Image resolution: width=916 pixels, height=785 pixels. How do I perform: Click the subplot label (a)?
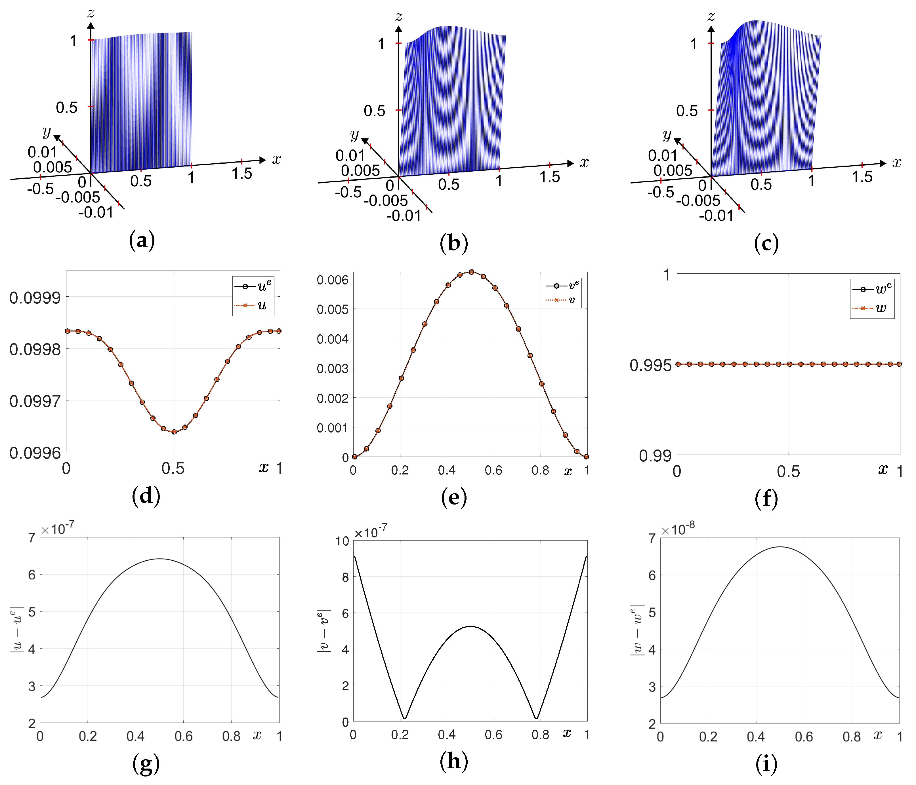pyautogui.click(x=142, y=241)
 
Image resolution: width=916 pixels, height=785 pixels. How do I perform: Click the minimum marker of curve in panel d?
pyautogui.click(x=174, y=432)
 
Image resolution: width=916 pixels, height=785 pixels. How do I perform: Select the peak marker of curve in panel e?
pyautogui.click(x=471, y=272)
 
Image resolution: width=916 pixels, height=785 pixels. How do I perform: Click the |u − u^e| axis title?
pyautogui.click(x=17, y=630)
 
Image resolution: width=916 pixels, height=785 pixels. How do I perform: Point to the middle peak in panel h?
pyautogui.click(x=471, y=626)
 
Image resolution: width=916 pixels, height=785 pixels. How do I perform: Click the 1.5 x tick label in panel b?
pyautogui.click(x=549, y=177)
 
